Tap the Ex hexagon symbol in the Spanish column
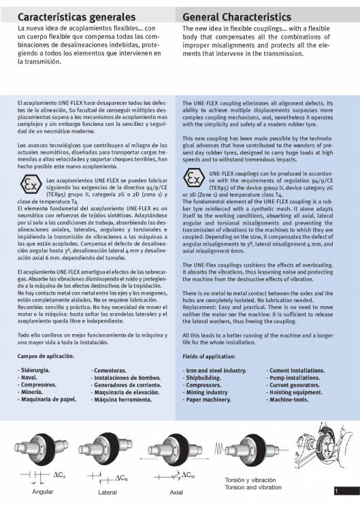pyautogui.click(x=30, y=185)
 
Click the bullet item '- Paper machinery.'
pyautogui.click(x=210, y=400)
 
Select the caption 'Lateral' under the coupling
pyautogui.click(x=108, y=491)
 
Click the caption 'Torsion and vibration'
pyautogui.click(x=252, y=488)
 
